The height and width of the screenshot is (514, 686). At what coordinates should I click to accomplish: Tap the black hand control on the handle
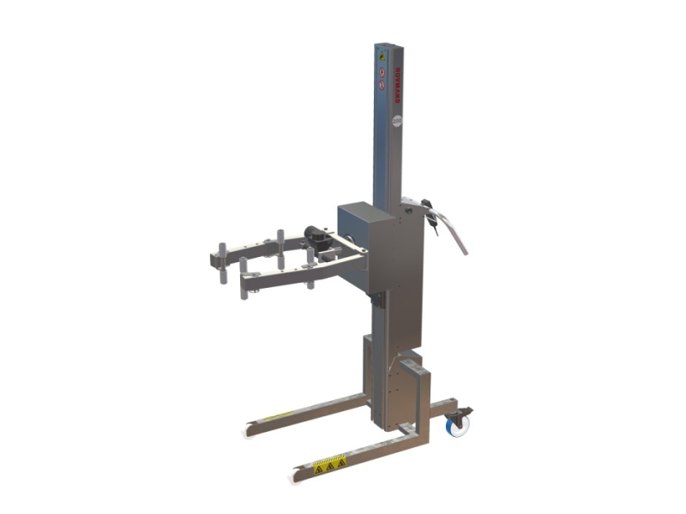430,215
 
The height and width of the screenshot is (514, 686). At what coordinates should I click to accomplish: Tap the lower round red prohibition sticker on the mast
382,85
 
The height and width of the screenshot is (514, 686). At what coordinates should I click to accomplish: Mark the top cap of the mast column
388,43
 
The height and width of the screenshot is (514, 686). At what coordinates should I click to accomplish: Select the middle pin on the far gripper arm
280,243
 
